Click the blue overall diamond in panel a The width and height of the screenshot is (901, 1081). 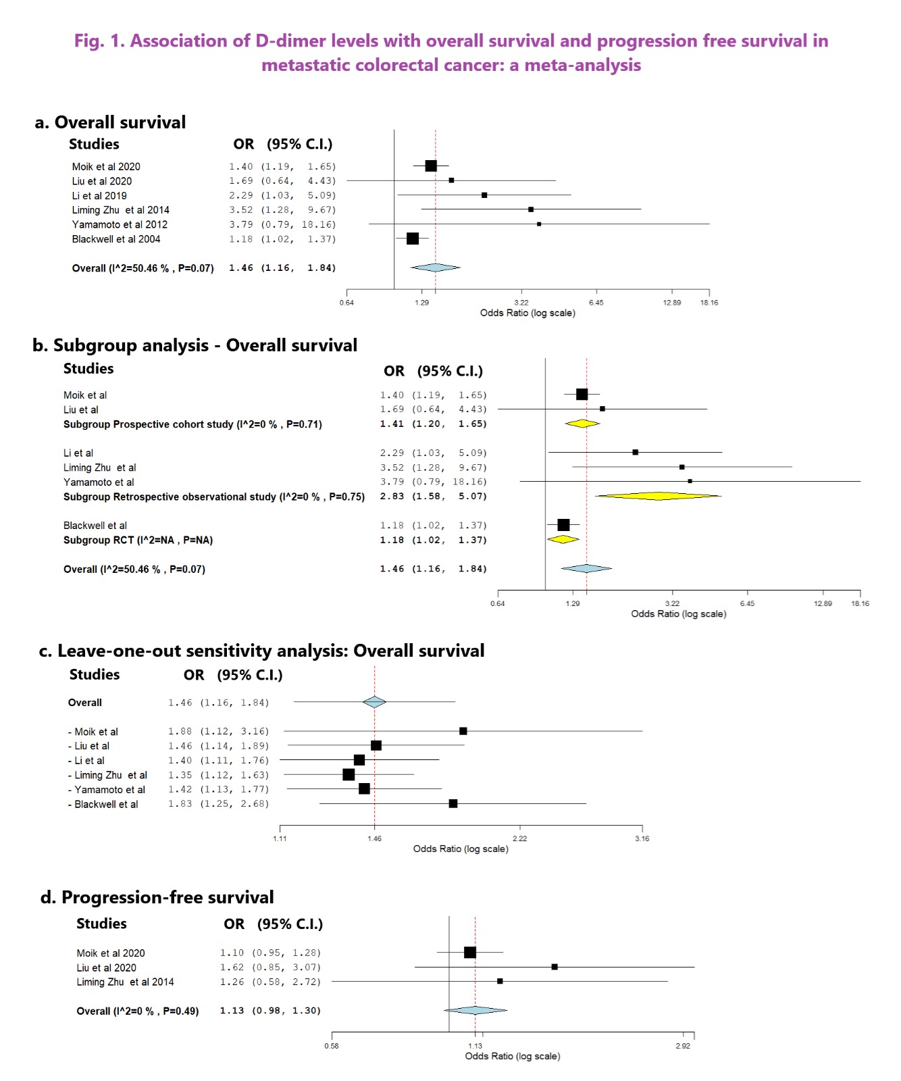436,268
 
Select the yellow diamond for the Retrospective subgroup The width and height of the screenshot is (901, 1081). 658,496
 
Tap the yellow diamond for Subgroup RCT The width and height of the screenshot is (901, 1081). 563,539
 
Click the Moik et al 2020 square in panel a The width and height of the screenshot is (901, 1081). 431,166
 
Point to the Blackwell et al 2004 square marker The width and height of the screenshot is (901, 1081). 413,238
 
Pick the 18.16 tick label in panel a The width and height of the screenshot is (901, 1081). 709,303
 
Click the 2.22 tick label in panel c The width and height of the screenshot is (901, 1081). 519,838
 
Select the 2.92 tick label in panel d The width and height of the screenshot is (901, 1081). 683,1046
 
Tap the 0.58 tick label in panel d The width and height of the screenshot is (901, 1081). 332,1046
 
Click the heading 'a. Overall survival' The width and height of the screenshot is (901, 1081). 110,122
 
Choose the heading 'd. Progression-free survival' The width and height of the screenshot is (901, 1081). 157,897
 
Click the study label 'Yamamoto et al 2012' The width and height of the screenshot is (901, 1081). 120,224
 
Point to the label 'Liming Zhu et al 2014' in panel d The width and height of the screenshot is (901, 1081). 125,982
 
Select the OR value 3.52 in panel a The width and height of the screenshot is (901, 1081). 241,210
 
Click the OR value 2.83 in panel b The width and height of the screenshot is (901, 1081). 392,496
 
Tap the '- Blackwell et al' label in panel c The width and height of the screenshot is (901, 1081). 103,804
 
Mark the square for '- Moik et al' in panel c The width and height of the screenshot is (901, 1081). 463,731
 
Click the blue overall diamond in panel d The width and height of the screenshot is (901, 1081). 475,1010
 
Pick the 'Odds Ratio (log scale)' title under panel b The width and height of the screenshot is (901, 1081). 679,614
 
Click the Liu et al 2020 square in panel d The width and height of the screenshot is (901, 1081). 555,967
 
